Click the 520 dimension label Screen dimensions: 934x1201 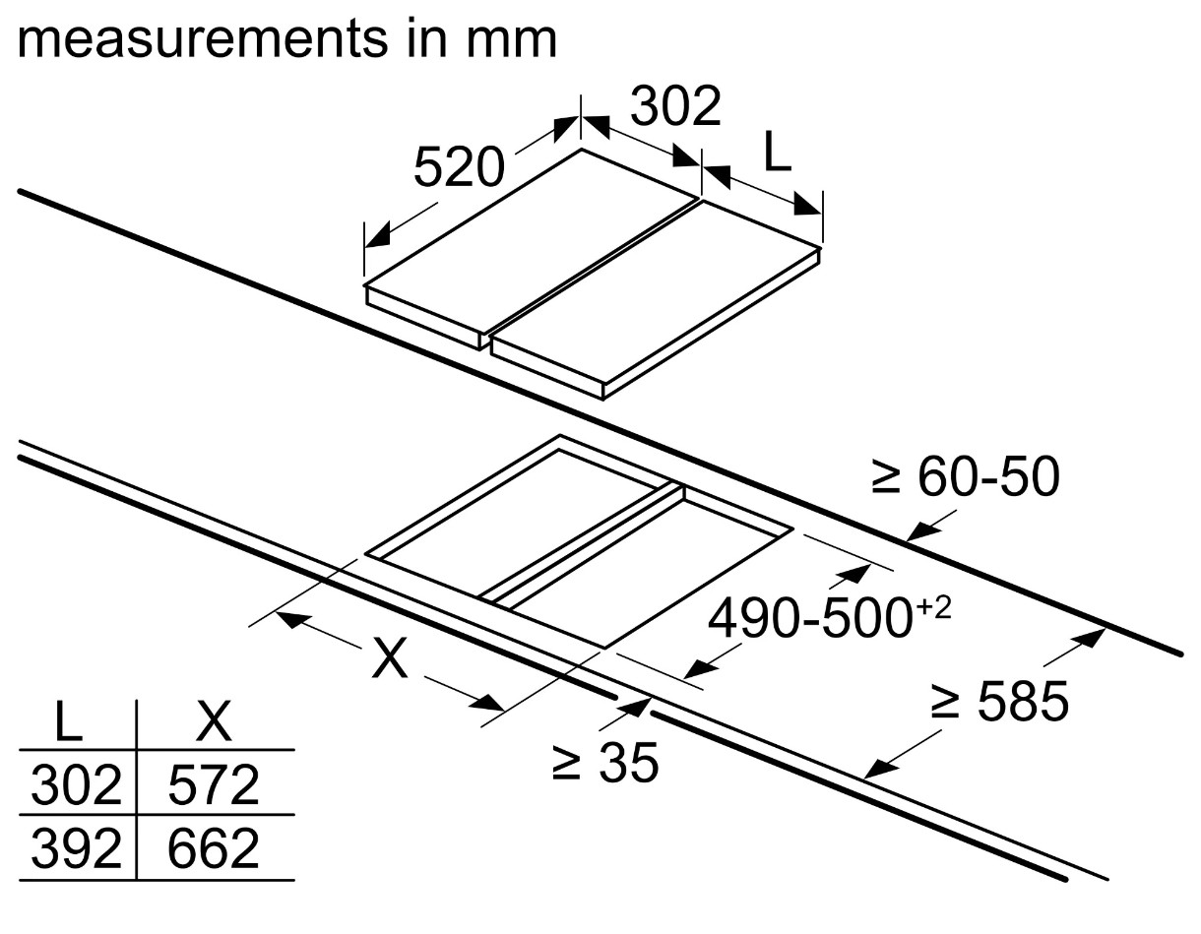[458, 167]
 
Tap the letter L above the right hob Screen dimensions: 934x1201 [777, 154]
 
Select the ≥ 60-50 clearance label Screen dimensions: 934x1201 [965, 479]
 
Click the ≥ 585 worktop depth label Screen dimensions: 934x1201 [999, 703]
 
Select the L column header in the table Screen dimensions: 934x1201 [67, 724]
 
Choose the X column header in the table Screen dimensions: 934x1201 [214, 724]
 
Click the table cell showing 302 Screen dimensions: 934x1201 [75, 785]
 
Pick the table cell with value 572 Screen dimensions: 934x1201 [214, 785]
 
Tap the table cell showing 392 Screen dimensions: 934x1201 [75, 848]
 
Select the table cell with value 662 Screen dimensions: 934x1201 [214, 848]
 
